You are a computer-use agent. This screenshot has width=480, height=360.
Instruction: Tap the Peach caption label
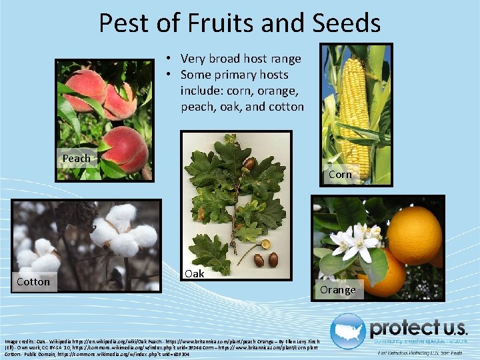[76, 159]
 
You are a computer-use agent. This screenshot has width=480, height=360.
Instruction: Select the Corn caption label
[340, 174]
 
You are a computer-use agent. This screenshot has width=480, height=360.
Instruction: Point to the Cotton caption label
[33, 281]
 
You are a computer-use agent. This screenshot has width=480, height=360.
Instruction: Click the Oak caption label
[194, 273]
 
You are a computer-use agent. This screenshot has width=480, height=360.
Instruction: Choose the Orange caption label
[337, 289]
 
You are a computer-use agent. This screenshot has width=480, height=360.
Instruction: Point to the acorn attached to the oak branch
[249, 164]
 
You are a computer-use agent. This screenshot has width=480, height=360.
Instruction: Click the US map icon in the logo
[349, 329]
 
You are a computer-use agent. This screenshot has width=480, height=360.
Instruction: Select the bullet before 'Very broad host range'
[171, 59]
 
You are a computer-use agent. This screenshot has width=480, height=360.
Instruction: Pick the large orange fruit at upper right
[415, 234]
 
